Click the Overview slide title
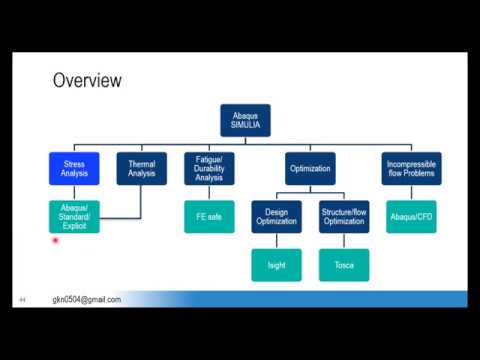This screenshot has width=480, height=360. [87, 80]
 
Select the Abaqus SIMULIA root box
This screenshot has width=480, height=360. [245, 120]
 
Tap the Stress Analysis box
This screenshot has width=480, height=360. [74, 168]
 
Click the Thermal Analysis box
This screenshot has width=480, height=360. [141, 168]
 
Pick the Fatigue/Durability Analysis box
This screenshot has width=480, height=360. [209, 168]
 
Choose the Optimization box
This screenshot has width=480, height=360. [309, 168]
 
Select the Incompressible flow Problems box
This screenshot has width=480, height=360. [411, 168]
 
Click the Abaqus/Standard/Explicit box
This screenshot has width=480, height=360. [74, 216]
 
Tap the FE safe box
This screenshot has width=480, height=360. [209, 216]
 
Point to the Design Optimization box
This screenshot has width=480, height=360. [276, 216]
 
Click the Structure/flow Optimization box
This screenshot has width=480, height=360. [344, 216]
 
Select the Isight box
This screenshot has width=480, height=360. [276, 265]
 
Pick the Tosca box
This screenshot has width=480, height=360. [344, 265]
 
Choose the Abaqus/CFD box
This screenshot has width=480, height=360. [411, 216]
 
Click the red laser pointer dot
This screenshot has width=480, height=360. [55, 240]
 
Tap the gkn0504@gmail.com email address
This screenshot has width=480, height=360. [87, 299]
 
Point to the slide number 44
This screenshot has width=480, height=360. [21, 300]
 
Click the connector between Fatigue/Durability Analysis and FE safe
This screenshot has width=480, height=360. [209, 192]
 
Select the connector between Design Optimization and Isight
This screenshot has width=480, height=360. [276, 241]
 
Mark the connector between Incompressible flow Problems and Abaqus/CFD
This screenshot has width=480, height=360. [411, 192]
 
